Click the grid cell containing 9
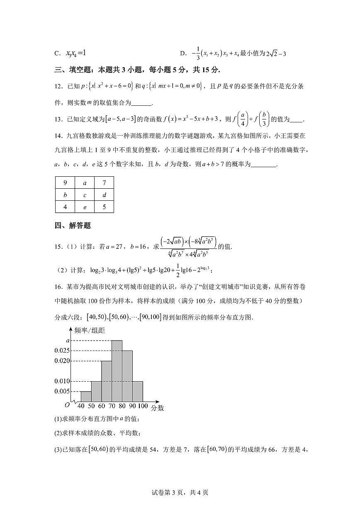point(65,183)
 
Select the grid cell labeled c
point(85,195)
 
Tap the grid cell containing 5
point(104,207)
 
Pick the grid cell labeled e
point(85,207)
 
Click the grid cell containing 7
point(104,183)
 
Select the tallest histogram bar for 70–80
point(117,371)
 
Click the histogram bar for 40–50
point(86,397)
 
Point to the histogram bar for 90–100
point(138,392)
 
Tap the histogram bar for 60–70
point(107,382)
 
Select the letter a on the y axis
point(68,340)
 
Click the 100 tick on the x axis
point(143,407)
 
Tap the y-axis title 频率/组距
point(90,331)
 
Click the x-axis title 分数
point(157,408)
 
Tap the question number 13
point(58,120)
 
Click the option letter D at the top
point(182,54)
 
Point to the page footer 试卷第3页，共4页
point(180,492)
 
